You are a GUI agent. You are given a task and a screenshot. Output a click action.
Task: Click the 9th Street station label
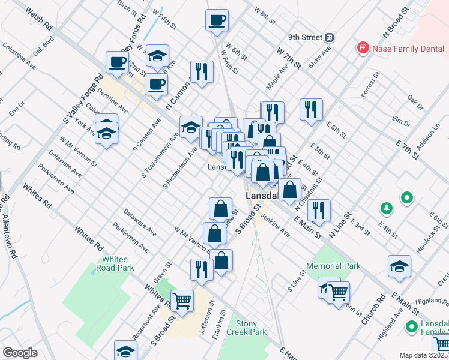pos(305,37)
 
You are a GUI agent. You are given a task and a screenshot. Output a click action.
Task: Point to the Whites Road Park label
pos(118,264)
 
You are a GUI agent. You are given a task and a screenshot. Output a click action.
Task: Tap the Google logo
pos(20,353)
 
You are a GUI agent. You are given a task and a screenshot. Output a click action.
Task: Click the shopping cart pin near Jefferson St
pos(182,300)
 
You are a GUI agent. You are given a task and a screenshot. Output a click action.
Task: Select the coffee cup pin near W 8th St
pos(217,19)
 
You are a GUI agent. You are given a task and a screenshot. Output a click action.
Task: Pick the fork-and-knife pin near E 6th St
pos(311,110)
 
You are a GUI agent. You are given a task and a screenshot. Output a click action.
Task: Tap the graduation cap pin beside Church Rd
pos(400,266)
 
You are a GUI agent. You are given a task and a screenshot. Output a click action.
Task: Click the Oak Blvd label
pos(44,46)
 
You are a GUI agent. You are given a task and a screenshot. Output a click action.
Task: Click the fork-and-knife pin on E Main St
pos(319,210)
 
